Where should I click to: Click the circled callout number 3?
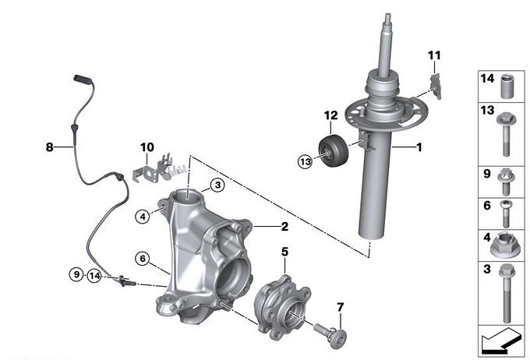[x=217, y=185]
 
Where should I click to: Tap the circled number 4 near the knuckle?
[x=143, y=217]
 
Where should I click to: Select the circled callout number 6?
[x=143, y=259]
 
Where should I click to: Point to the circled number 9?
[x=76, y=274]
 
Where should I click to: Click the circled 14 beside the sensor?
[x=94, y=276]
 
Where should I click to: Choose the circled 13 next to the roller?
[x=306, y=161]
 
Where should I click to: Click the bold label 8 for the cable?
[x=49, y=147]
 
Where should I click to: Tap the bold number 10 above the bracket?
[x=147, y=147]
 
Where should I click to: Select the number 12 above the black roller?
[x=331, y=115]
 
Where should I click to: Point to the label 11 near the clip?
[x=434, y=55]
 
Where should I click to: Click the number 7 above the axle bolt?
[x=341, y=307]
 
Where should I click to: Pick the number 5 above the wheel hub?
[x=285, y=252]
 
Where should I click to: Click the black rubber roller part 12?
[x=334, y=150]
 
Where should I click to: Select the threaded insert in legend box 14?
[x=506, y=86]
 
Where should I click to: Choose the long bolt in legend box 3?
[x=506, y=293]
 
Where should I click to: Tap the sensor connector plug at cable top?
[x=83, y=79]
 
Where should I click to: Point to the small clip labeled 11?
[x=436, y=86]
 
